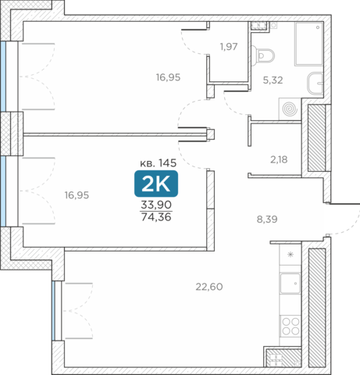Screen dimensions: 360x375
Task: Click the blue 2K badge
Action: (156, 184)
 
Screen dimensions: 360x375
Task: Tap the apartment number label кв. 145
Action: (159, 163)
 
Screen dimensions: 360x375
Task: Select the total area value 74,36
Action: (156, 216)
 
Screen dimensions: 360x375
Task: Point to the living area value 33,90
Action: (156, 205)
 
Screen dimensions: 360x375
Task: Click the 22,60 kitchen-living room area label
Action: (209, 287)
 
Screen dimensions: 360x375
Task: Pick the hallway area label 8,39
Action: (267, 220)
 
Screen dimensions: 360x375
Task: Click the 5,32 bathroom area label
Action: (273, 80)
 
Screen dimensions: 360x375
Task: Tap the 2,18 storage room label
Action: (279, 159)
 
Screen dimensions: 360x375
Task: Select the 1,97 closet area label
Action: (229, 47)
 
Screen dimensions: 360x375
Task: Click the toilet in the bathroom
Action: (264, 55)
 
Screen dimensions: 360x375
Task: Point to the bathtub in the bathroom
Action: (309, 44)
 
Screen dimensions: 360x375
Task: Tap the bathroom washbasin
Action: (315, 84)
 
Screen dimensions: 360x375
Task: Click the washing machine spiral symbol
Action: (290, 109)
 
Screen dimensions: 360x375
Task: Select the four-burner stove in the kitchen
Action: (290, 327)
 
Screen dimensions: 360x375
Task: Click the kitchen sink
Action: (290, 284)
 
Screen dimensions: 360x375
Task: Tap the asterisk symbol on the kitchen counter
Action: (290, 255)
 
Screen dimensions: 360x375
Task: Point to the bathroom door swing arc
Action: (233, 105)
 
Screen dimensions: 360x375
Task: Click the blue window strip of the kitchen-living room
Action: (53, 311)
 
